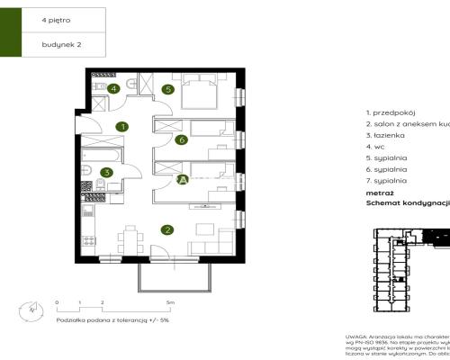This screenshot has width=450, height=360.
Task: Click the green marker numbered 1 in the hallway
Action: (122, 128)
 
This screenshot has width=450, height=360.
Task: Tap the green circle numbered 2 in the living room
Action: (166, 230)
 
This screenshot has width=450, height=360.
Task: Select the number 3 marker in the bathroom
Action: (106, 173)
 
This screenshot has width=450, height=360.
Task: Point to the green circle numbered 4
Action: (113, 88)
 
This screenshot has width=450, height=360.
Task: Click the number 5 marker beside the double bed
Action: (167, 89)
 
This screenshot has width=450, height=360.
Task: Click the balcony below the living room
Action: (175, 274)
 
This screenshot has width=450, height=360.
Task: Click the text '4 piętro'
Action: (54, 18)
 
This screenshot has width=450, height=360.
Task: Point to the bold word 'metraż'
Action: (379, 193)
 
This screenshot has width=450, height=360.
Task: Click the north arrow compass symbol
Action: (32, 307)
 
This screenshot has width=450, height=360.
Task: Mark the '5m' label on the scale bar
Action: (170, 302)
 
